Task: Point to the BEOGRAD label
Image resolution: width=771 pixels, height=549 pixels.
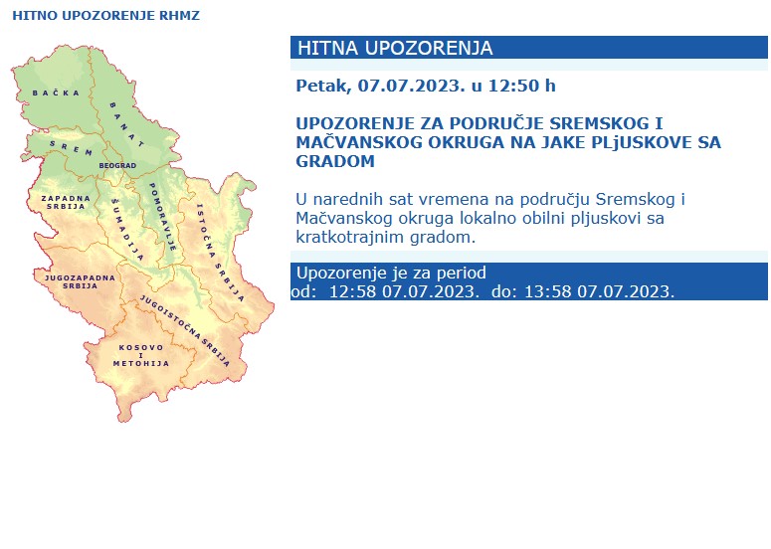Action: pos(117,164)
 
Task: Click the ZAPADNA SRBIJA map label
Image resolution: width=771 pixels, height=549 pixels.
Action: pos(65,202)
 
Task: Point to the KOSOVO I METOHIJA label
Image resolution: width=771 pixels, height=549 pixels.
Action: pos(140,355)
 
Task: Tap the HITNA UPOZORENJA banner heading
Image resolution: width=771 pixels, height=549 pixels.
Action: pos(395,48)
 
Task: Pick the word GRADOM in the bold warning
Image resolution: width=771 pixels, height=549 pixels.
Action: pos(329,161)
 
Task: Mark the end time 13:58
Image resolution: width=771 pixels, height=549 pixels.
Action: pos(547,291)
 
